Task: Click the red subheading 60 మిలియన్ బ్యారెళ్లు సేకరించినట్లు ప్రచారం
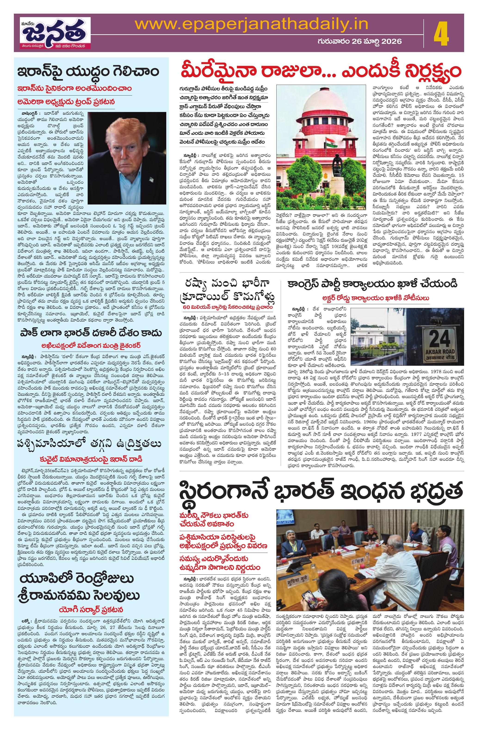[228, 307]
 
